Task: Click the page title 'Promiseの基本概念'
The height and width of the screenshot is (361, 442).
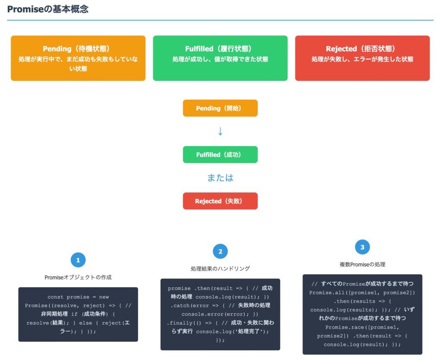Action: point(48,9)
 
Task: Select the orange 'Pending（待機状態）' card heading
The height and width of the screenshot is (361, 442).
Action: point(78,49)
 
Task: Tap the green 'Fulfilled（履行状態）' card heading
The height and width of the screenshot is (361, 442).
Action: point(220,49)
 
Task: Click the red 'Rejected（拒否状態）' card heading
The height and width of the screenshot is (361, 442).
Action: point(362,49)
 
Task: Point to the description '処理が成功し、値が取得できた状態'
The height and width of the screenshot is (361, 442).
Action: point(220,59)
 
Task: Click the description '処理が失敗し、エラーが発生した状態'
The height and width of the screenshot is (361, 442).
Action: point(362,59)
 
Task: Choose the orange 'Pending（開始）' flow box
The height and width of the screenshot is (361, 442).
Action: point(220,108)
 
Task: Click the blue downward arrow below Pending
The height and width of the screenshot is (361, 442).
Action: point(220,131)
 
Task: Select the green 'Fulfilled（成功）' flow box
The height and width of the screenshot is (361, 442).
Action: point(220,154)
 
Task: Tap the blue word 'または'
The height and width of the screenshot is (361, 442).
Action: point(220,178)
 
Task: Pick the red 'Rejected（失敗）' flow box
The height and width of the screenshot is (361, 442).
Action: point(220,201)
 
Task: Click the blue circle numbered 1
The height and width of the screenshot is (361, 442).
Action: point(78,260)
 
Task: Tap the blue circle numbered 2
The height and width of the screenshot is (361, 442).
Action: point(220,251)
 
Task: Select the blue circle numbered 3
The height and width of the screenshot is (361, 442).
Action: point(362,247)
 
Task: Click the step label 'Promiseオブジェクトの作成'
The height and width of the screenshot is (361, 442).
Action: point(78,277)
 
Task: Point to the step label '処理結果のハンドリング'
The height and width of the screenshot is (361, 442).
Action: point(220,268)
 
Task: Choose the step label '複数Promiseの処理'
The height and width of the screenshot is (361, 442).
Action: point(362,264)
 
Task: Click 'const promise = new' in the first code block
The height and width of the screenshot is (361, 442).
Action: point(78,297)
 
